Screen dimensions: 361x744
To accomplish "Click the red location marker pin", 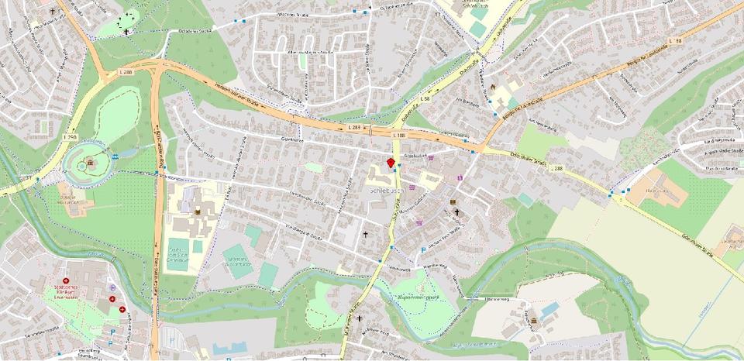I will pos(391,162).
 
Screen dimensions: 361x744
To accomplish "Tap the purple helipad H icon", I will pos(113,298).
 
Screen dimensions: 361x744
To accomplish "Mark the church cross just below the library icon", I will pos(457,212).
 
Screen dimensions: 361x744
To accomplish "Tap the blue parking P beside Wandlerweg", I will pos(422,250).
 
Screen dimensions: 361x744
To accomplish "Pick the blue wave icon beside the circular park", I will pos(116,156).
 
